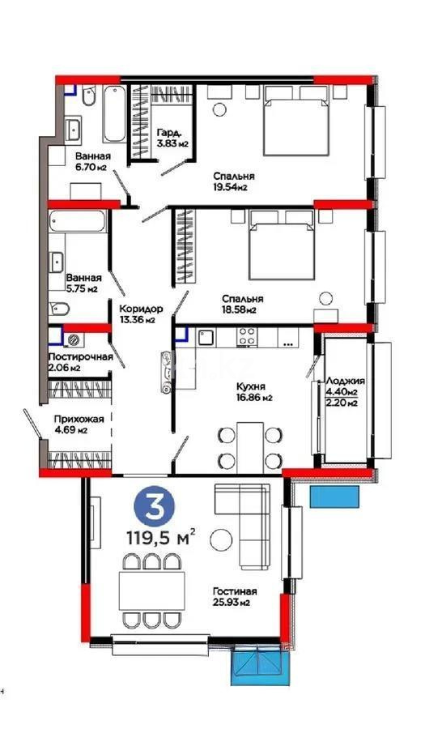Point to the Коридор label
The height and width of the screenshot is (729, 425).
tap(141, 313)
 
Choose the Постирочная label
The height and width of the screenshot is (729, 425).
tap(74, 361)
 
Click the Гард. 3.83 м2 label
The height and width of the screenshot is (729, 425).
tap(172, 139)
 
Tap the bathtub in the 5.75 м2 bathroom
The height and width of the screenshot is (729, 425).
tap(78, 224)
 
